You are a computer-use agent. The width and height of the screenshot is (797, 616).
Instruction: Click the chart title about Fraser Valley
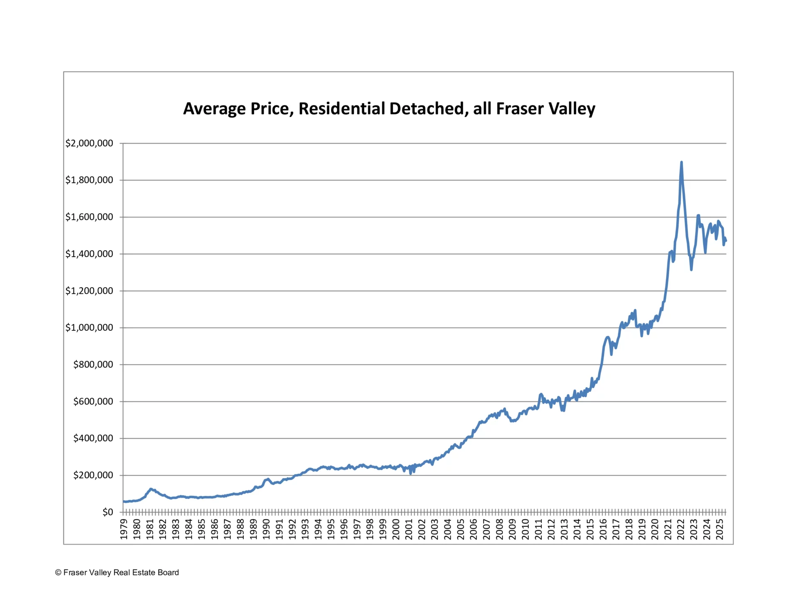(x=389, y=109)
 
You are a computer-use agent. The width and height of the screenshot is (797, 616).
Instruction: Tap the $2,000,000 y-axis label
(x=89, y=143)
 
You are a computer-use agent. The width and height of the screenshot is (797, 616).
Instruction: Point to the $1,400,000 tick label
(x=89, y=254)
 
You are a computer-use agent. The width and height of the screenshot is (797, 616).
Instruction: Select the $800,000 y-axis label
(x=93, y=364)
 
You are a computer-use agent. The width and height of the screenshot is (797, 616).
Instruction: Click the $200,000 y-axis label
(x=93, y=475)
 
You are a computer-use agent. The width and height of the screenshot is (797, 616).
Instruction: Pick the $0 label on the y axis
(x=108, y=512)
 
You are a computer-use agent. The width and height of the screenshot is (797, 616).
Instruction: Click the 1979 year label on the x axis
(x=124, y=529)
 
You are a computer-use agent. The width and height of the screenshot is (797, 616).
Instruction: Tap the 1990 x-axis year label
(x=266, y=529)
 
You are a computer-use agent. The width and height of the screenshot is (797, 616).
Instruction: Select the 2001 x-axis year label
(x=409, y=529)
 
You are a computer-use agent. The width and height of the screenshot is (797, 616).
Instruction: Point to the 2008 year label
(x=499, y=529)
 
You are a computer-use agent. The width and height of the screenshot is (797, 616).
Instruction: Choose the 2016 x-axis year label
(x=603, y=529)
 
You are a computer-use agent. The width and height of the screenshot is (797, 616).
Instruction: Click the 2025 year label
(x=720, y=529)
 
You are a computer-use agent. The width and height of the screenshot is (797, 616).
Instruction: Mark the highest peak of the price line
(x=681, y=162)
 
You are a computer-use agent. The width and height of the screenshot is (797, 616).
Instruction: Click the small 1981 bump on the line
(x=151, y=489)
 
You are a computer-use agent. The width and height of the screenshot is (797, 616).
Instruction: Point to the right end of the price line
(x=726, y=241)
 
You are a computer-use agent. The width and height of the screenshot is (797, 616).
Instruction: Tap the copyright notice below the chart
(x=117, y=572)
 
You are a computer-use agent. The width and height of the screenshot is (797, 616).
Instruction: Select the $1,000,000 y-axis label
(x=89, y=328)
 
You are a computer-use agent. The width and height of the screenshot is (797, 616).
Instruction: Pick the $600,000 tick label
(x=93, y=401)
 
